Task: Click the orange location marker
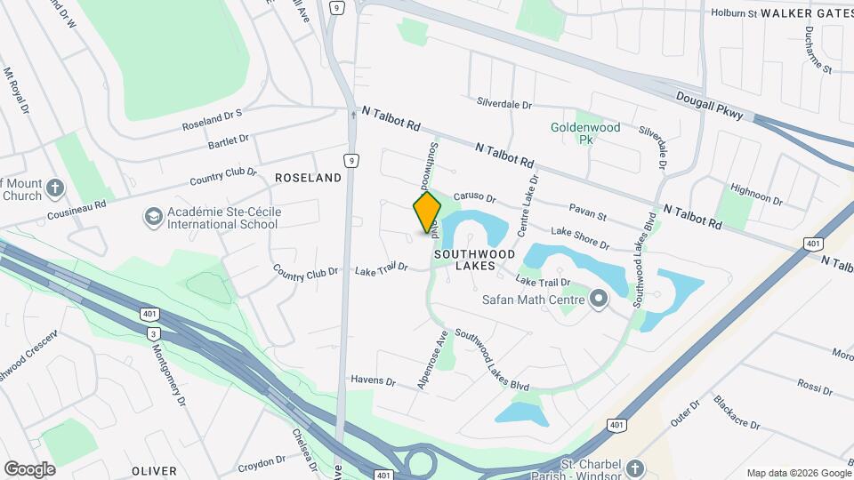point(428,212)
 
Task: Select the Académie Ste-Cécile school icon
point(153,217)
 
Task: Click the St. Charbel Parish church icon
point(635,467)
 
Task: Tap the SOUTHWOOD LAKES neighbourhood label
point(474,260)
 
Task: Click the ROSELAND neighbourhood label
point(308,178)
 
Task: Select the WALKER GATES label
point(806,13)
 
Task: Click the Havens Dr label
point(373,380)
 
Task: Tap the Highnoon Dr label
point(755,194)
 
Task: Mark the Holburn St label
point(733,13)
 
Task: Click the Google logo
point(29,468)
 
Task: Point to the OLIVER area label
point(155,470)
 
